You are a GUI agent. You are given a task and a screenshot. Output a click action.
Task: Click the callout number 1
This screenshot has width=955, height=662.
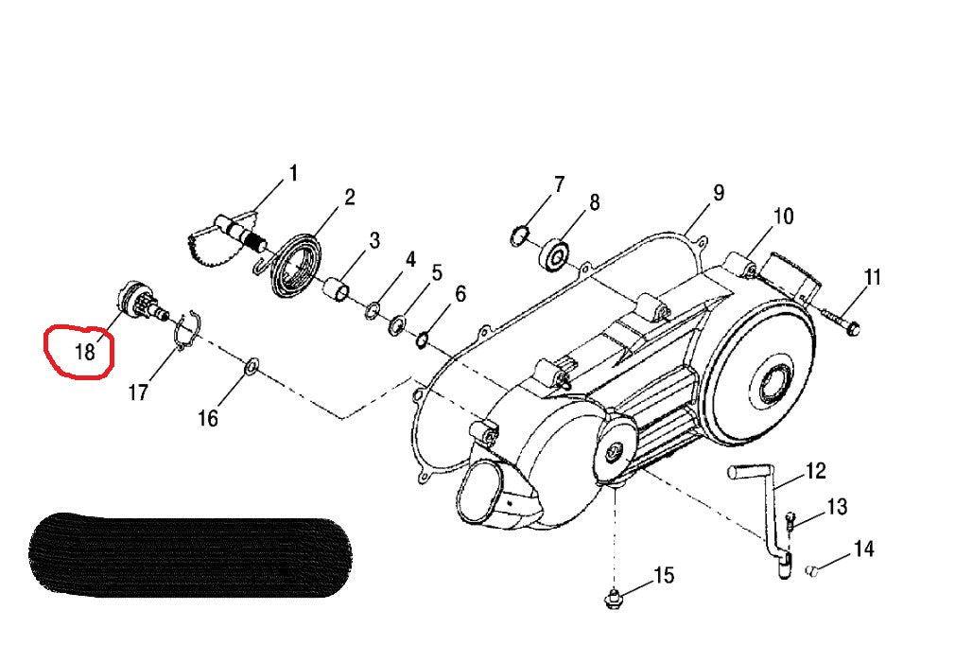pyautogui.click(x=293, y=174)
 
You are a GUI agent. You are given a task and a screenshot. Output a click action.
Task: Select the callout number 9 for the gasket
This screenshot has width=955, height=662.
pyautogui.click(x=718, y=193)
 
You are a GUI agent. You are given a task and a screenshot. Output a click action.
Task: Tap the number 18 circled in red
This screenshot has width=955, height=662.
pyautogui.click(x=84, y=352)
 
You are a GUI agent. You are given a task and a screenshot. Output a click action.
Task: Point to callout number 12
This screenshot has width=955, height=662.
pyautogui.click(x=815, y=471)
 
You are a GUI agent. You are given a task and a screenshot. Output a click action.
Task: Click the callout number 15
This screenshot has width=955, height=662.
pyautogui.click(x=664, y=575)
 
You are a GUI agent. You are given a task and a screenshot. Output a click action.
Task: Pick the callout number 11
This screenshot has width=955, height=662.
pyautogui.click(x=872, y=277)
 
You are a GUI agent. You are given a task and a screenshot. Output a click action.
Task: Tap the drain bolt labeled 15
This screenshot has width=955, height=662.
pyautogui.click(x=614, y=599)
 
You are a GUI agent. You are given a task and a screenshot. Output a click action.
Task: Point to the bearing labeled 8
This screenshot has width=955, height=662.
pyautogui.click(x=554, y=253)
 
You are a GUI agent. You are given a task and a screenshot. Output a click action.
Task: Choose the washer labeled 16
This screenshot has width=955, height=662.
pyautogui.click(x=251, y=366)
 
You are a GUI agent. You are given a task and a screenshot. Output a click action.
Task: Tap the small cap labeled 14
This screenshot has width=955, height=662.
pyautogui.click(x=811, y=570)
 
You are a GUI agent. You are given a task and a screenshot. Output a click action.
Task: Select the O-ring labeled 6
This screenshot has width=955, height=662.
pyautogui.click(x=425, y=338)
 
